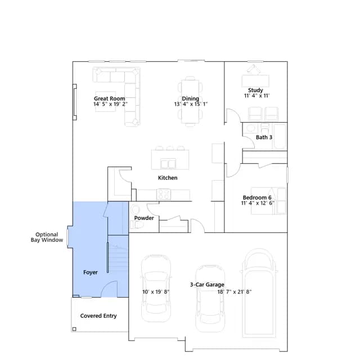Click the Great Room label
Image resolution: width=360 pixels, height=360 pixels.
coord(110,98)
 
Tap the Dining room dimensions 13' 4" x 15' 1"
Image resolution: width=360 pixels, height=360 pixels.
coord(191,104)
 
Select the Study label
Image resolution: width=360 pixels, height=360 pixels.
coord(255,90)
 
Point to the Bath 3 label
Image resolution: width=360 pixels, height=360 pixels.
coord(264,137)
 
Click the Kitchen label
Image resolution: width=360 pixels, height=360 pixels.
coord(168,178)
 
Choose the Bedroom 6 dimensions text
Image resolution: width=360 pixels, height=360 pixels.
coord(258,203)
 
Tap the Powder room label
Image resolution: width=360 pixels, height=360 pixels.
coord(144,218)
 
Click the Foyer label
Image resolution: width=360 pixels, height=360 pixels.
coord(91,272)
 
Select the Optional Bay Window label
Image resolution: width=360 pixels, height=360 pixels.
coord(47,237)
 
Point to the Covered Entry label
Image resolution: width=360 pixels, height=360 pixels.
coord(98,316)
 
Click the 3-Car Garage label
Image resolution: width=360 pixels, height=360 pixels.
coord(207,285)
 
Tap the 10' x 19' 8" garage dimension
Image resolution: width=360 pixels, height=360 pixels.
coord(156,292)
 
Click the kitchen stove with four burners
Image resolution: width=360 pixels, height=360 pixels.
coord(164,194)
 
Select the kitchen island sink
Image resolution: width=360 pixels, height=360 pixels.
coord(168,164)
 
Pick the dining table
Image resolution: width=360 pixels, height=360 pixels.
coord(190,101)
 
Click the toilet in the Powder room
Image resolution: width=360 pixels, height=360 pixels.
coord(137,225)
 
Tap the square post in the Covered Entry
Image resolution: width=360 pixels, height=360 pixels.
coord(74,329)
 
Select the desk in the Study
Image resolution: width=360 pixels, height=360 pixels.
coord(255,81)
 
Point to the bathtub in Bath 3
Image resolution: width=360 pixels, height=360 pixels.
coord(280,137)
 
